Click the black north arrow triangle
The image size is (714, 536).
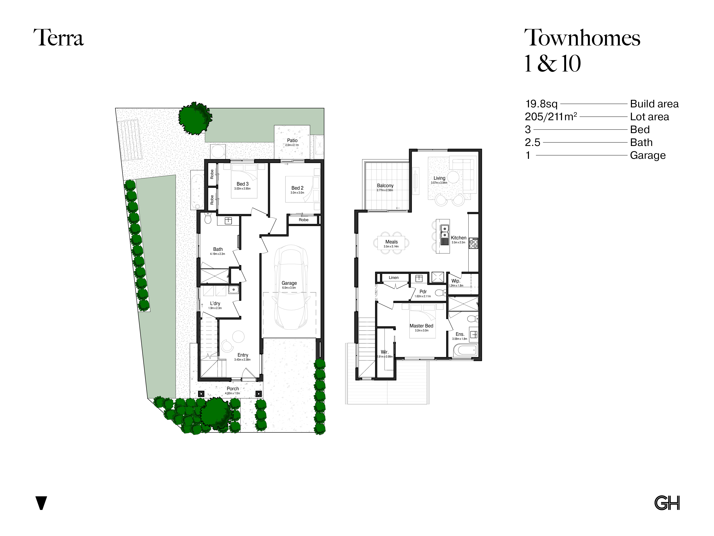click(x=41, y=503)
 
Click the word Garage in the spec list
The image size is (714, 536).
click(x=648, y=155)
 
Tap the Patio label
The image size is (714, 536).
click(x=292, y=140)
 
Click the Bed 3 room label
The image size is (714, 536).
click(x=242, y=184)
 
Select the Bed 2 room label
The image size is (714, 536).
click(x=297, y=188)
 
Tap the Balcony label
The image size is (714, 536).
click(x=385, y=185)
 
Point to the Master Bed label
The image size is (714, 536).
click(x=421, y=326)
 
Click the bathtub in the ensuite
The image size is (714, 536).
click(x=465, y=350)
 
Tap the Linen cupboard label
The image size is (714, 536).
click(x=393, y=278)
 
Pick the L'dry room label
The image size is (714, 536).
click(x=215, y=303)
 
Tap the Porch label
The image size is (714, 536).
click(x=233, y=389)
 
